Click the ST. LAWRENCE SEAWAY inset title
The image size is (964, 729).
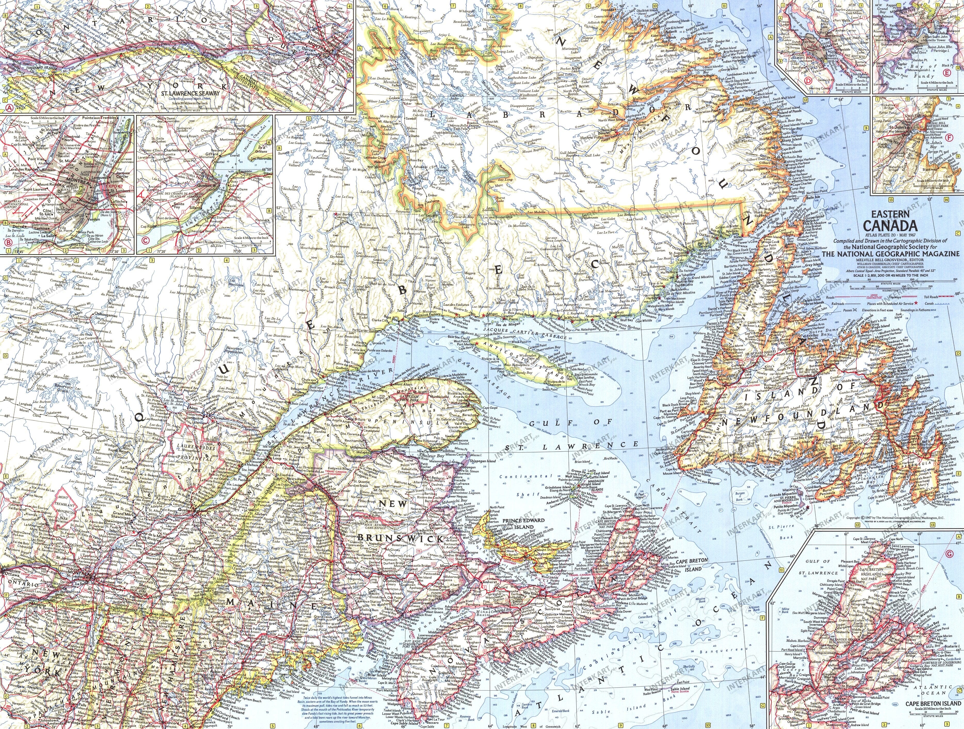click(190, 93)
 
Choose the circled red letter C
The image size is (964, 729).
click(145, 240)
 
